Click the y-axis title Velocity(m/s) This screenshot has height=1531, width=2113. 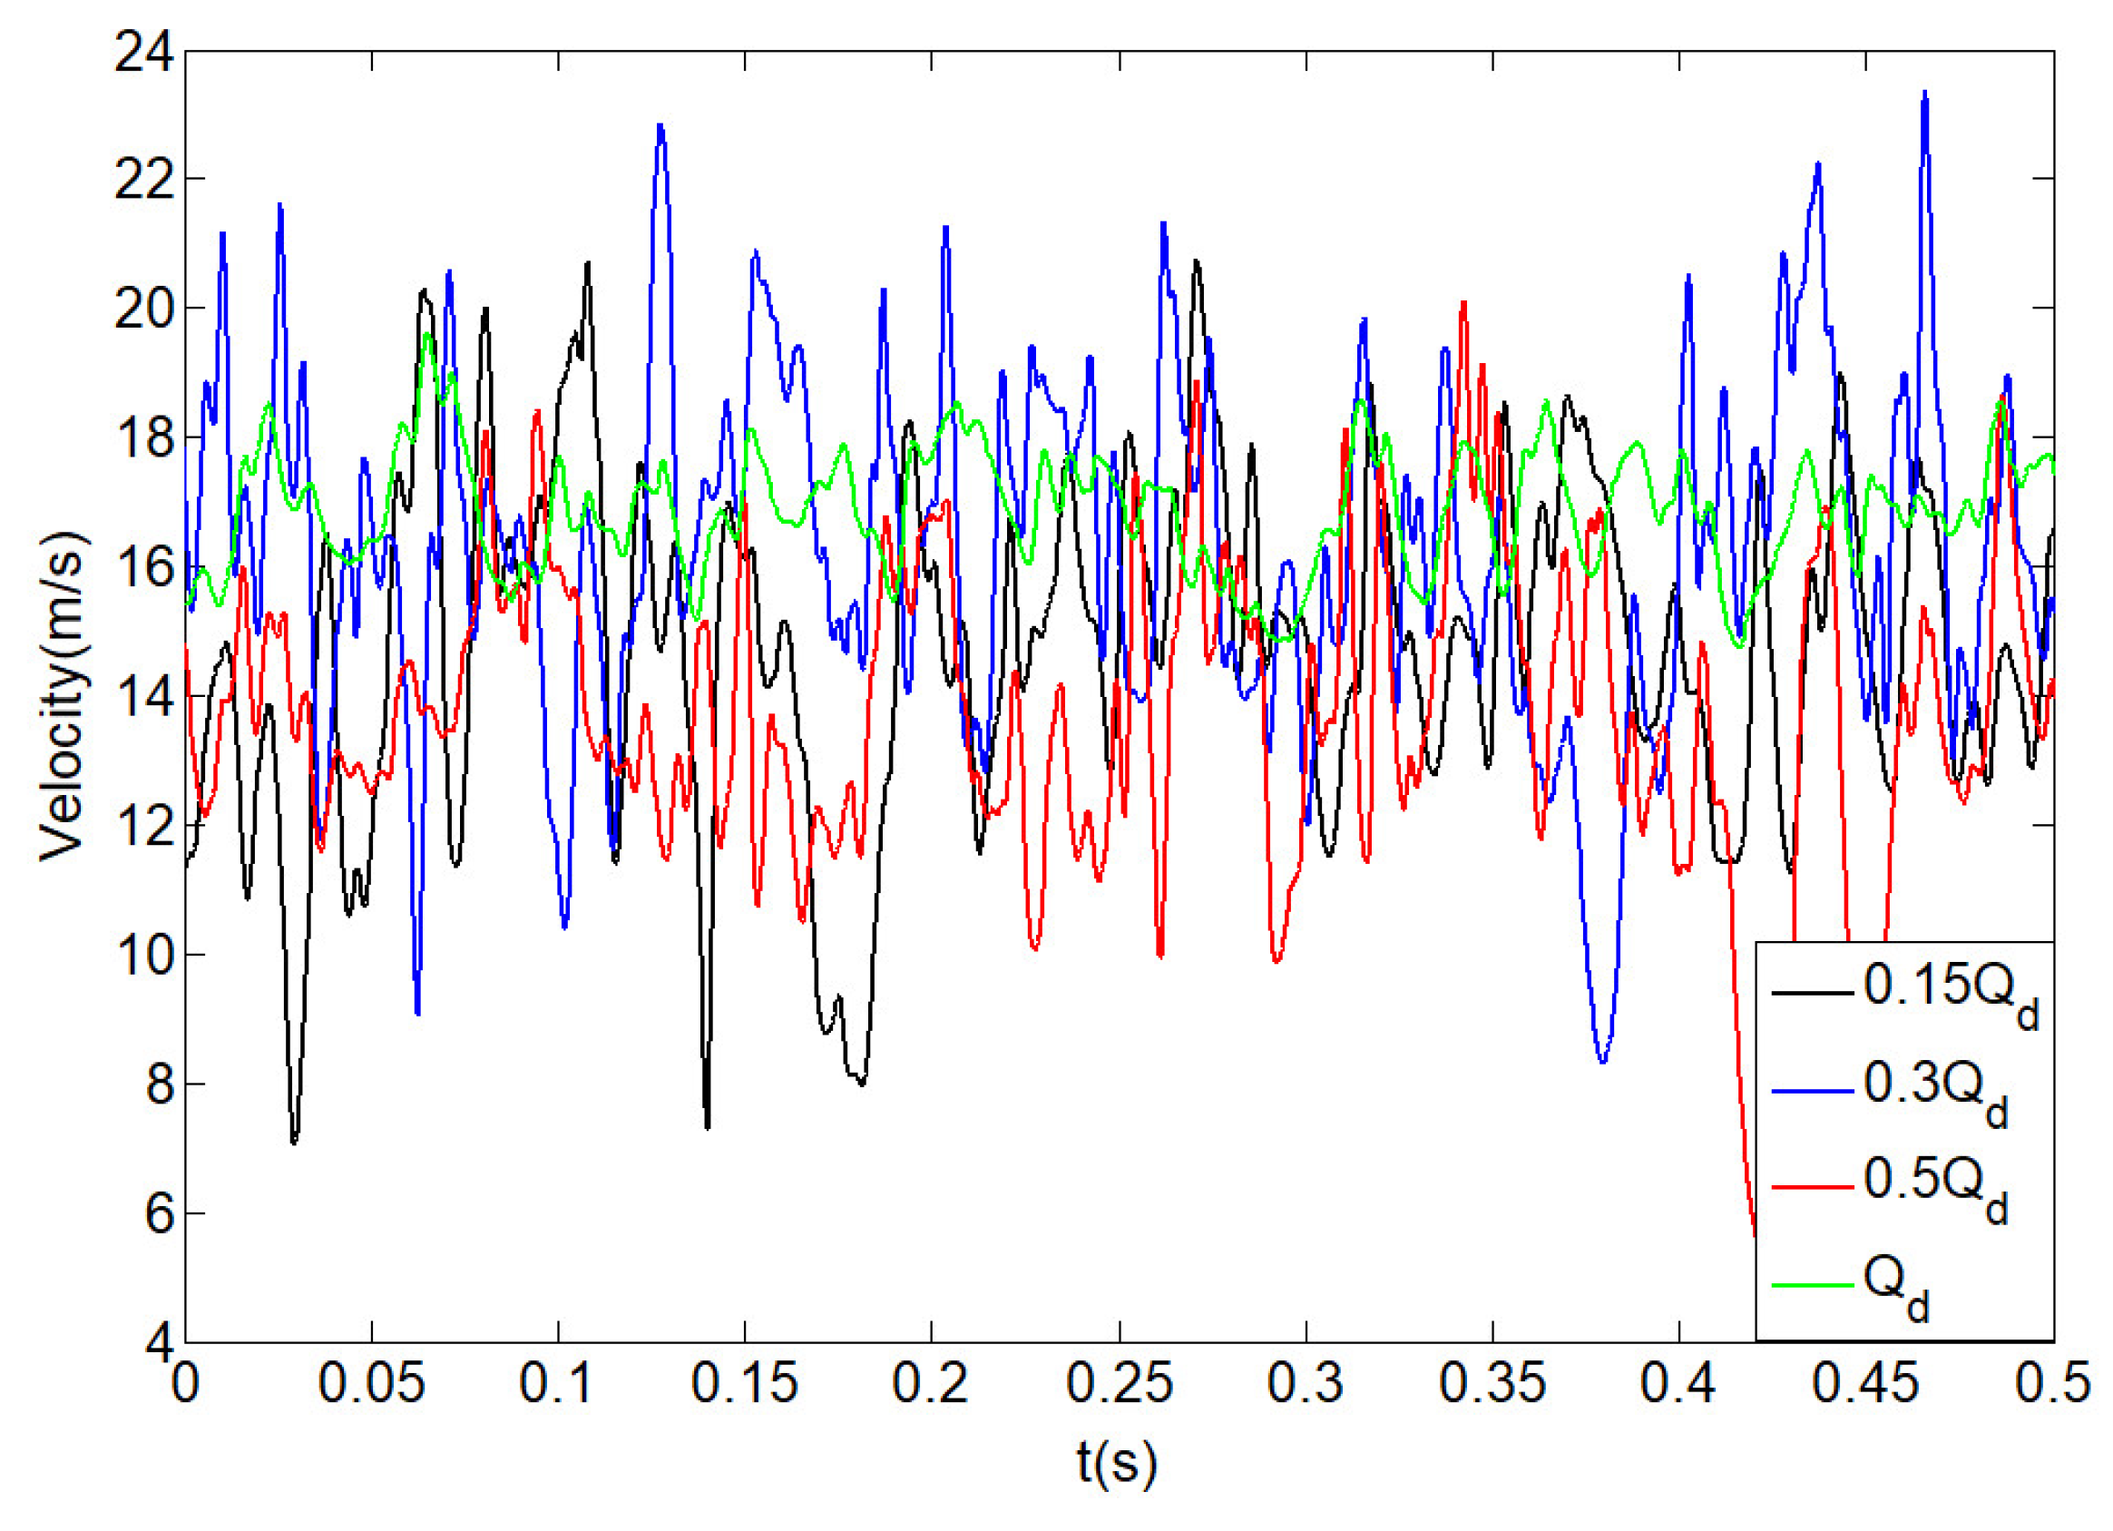pos(64,697)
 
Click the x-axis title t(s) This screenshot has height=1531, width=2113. pos(1117,1461)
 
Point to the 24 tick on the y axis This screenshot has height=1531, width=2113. pos(144,54)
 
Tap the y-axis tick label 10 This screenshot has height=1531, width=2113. pos(144,956)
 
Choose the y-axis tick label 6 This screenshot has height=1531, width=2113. pos(159,1214)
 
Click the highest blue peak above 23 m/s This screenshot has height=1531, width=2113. pos(1925,93)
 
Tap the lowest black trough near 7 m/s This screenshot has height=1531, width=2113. pos(294,1142)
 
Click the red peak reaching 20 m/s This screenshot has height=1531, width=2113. pos(1463,303)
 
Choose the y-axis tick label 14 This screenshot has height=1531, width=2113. pos(144,698)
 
